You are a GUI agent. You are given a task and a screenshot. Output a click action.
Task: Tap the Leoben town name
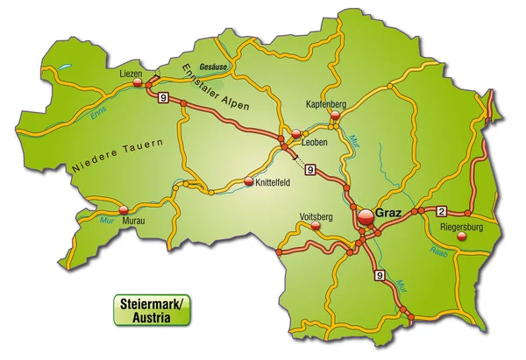click(x=315, y=143)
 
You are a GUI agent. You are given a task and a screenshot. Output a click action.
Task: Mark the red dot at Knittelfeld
click(x=249, y=182)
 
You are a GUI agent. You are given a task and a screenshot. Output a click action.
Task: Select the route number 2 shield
click(x=441, y=210)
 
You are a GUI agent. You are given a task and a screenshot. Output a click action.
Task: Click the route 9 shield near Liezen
click(x=163, y=100)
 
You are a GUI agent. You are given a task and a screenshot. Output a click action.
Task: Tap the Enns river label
click(x=96, y=115)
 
